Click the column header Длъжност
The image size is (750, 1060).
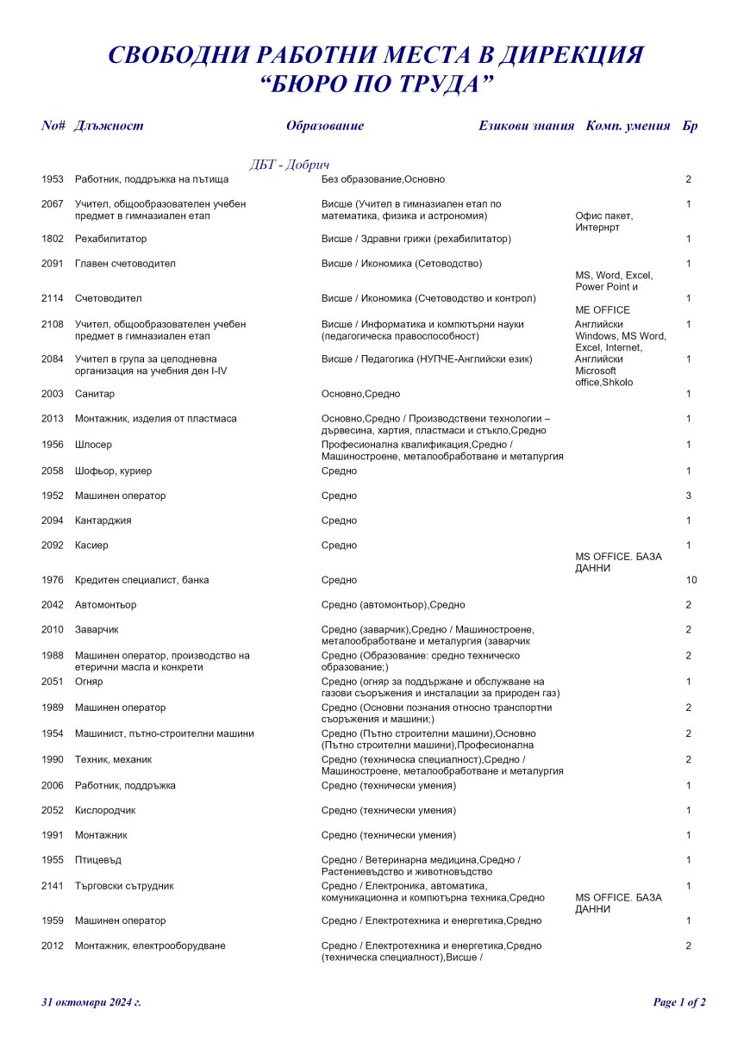click(x=109, y=126)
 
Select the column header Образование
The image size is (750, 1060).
click(x=325, y=126)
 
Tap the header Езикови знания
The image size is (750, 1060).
click(x=526, y=126)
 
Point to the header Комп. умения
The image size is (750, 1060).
click(x=628, y=126)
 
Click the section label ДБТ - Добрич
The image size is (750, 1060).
click(x=290, y=165)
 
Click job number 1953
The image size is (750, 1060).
click(x=52, y=179)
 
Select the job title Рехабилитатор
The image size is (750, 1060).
click(x=110, y=239)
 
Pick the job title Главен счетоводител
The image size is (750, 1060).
click(x=125, y=264)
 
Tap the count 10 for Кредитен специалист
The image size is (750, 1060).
click(x=691, y=581)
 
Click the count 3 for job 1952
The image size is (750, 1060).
click(x=689, y=496)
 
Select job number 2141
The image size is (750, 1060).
click(x=52, y=886)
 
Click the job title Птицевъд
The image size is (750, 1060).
click(x=97, y=860)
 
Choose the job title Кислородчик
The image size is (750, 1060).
click(x=105, y=811)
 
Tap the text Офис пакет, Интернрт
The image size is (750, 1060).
click(x=603, y=221)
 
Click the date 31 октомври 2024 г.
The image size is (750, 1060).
click(x=91, y=1002)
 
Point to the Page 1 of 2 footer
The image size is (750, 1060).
click(x=679, y=1002)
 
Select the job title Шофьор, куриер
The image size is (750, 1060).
click(x=113, y=471)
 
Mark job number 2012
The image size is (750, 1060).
click(x=52, y=946)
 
